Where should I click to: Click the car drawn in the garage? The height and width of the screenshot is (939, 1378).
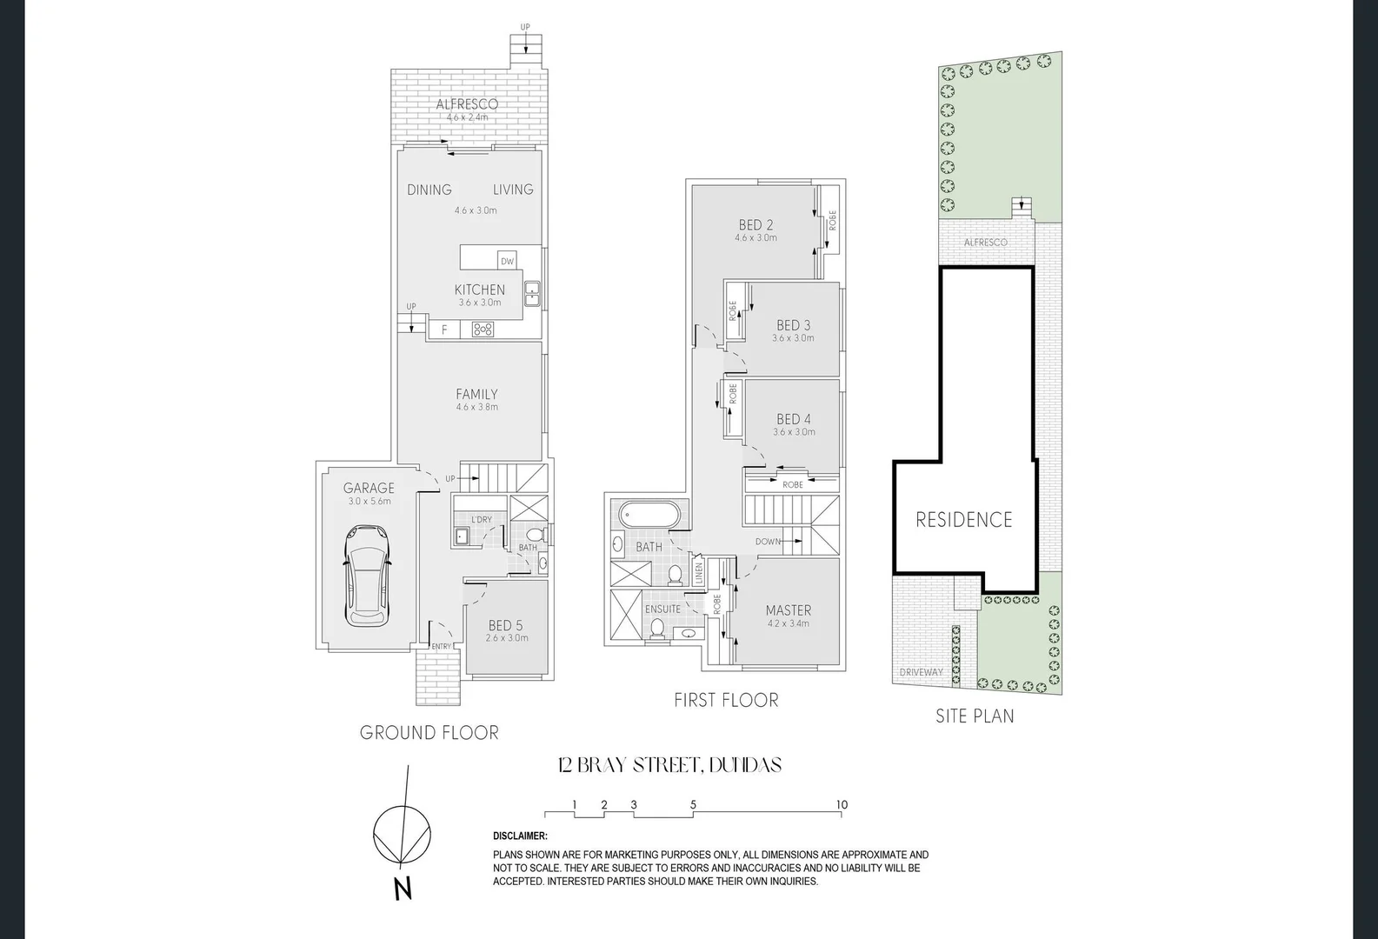coord(368,576)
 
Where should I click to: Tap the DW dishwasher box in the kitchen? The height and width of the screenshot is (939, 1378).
coord(507,261)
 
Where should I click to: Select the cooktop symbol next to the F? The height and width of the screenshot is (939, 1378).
coord(483,330)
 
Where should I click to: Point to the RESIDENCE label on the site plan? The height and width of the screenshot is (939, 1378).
coord(964,520)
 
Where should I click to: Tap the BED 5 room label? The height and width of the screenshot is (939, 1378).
coord(506,625)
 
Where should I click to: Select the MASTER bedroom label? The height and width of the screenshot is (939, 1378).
coord(789,610)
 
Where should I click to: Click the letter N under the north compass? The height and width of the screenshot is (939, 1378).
coord(402,889)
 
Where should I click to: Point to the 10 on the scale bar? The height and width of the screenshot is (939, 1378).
coord(842,805)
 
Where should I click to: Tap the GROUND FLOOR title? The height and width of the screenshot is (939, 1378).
coord(429,733)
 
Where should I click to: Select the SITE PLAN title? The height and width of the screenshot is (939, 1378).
coord(975,716)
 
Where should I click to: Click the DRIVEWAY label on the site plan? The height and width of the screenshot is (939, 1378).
coord(921,672)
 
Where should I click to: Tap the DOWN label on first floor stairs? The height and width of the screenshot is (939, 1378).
coord(768,542)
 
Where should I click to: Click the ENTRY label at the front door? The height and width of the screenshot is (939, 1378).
coord(442,646)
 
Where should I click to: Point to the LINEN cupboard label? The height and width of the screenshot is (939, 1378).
coord(698,572)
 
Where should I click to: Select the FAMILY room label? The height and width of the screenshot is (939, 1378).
coord(476,395)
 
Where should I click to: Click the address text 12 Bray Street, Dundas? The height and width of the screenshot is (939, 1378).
coord(669,765)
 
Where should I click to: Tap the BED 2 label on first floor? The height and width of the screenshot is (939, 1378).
coord(756,225)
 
